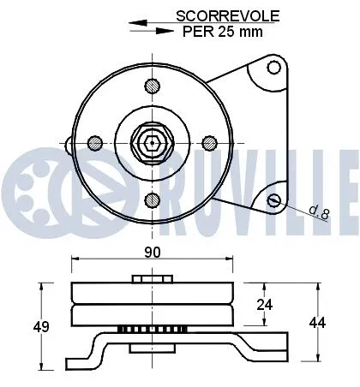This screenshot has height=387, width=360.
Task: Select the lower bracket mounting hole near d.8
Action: click(274, 199)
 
